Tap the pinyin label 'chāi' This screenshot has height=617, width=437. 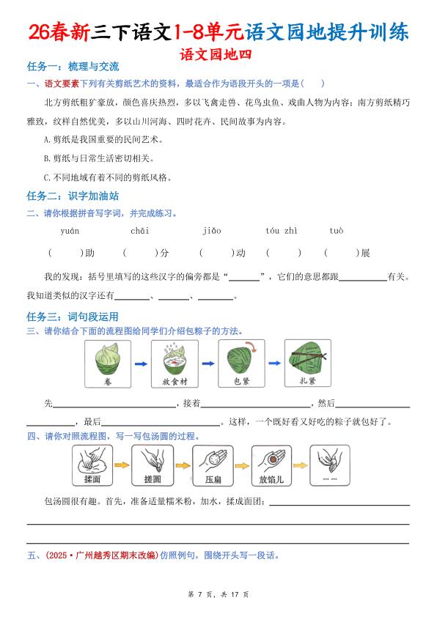140,231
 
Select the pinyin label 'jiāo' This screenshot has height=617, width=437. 211,231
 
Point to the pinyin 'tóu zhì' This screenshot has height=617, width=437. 281,231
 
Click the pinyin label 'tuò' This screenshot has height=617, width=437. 336,231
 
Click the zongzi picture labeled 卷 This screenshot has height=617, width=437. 108,363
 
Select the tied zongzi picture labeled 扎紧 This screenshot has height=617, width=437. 307,363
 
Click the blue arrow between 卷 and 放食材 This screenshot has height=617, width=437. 142,363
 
